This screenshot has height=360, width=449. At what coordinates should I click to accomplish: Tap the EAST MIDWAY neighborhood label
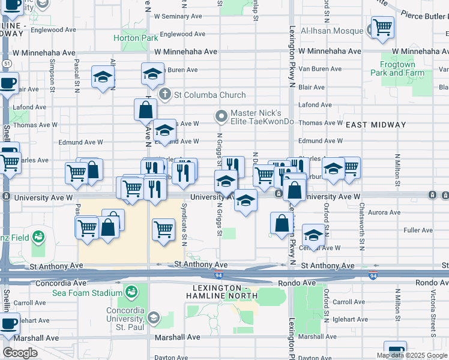click(x=376, y=125)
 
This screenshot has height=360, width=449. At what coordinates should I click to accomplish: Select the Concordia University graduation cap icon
click(x=154, y=317)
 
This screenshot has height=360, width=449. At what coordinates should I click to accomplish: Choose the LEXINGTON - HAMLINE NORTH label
click(x=221, y=291)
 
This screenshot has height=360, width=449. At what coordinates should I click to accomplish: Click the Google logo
click(x=20, y=353)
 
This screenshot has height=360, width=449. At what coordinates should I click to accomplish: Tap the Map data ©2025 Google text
click(x=412, y=355)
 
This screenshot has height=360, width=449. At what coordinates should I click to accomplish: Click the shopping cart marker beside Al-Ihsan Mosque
click(x=382, y=28)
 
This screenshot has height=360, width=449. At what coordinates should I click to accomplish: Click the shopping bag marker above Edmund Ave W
click(x=145, y=110)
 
